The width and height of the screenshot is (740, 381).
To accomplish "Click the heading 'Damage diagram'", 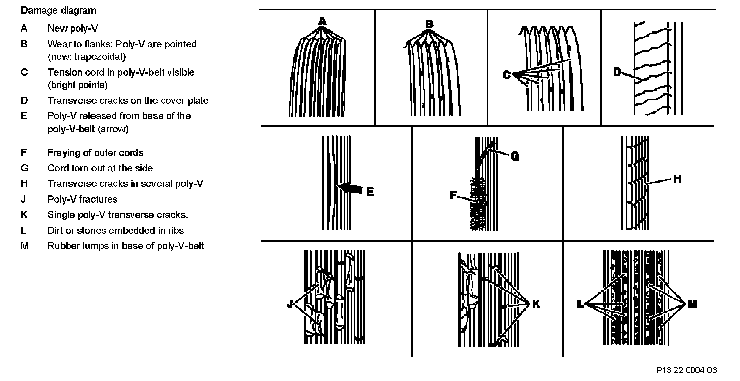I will click(58, 10).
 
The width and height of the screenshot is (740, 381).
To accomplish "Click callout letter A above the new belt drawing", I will click(322, 21).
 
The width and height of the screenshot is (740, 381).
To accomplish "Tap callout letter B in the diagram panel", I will click(429, 24).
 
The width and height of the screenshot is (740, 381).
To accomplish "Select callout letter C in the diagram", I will click(506, 75).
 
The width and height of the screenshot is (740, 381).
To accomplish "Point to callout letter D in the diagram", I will click(618, 72).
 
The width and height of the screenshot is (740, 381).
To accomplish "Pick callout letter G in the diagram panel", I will click(515, 157).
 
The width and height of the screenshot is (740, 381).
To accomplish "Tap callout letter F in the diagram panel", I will click(453, 194).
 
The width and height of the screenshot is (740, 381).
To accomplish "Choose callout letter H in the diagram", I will click(677, 179).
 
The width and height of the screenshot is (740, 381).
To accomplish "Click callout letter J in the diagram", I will click(290, 304).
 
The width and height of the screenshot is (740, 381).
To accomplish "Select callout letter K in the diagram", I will click(536, 304).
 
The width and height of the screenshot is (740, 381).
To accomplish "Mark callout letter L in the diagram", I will click(580, 304).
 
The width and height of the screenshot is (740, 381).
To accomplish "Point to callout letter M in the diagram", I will click(692, 304).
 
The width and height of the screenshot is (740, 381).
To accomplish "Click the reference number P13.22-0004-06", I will click(686, 370).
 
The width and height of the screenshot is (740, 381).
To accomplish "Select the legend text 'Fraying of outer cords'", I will click(96, 153).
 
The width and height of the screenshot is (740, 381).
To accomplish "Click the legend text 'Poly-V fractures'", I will click(82, 199).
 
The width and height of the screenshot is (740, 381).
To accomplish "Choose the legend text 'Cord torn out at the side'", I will click(100, 168).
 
